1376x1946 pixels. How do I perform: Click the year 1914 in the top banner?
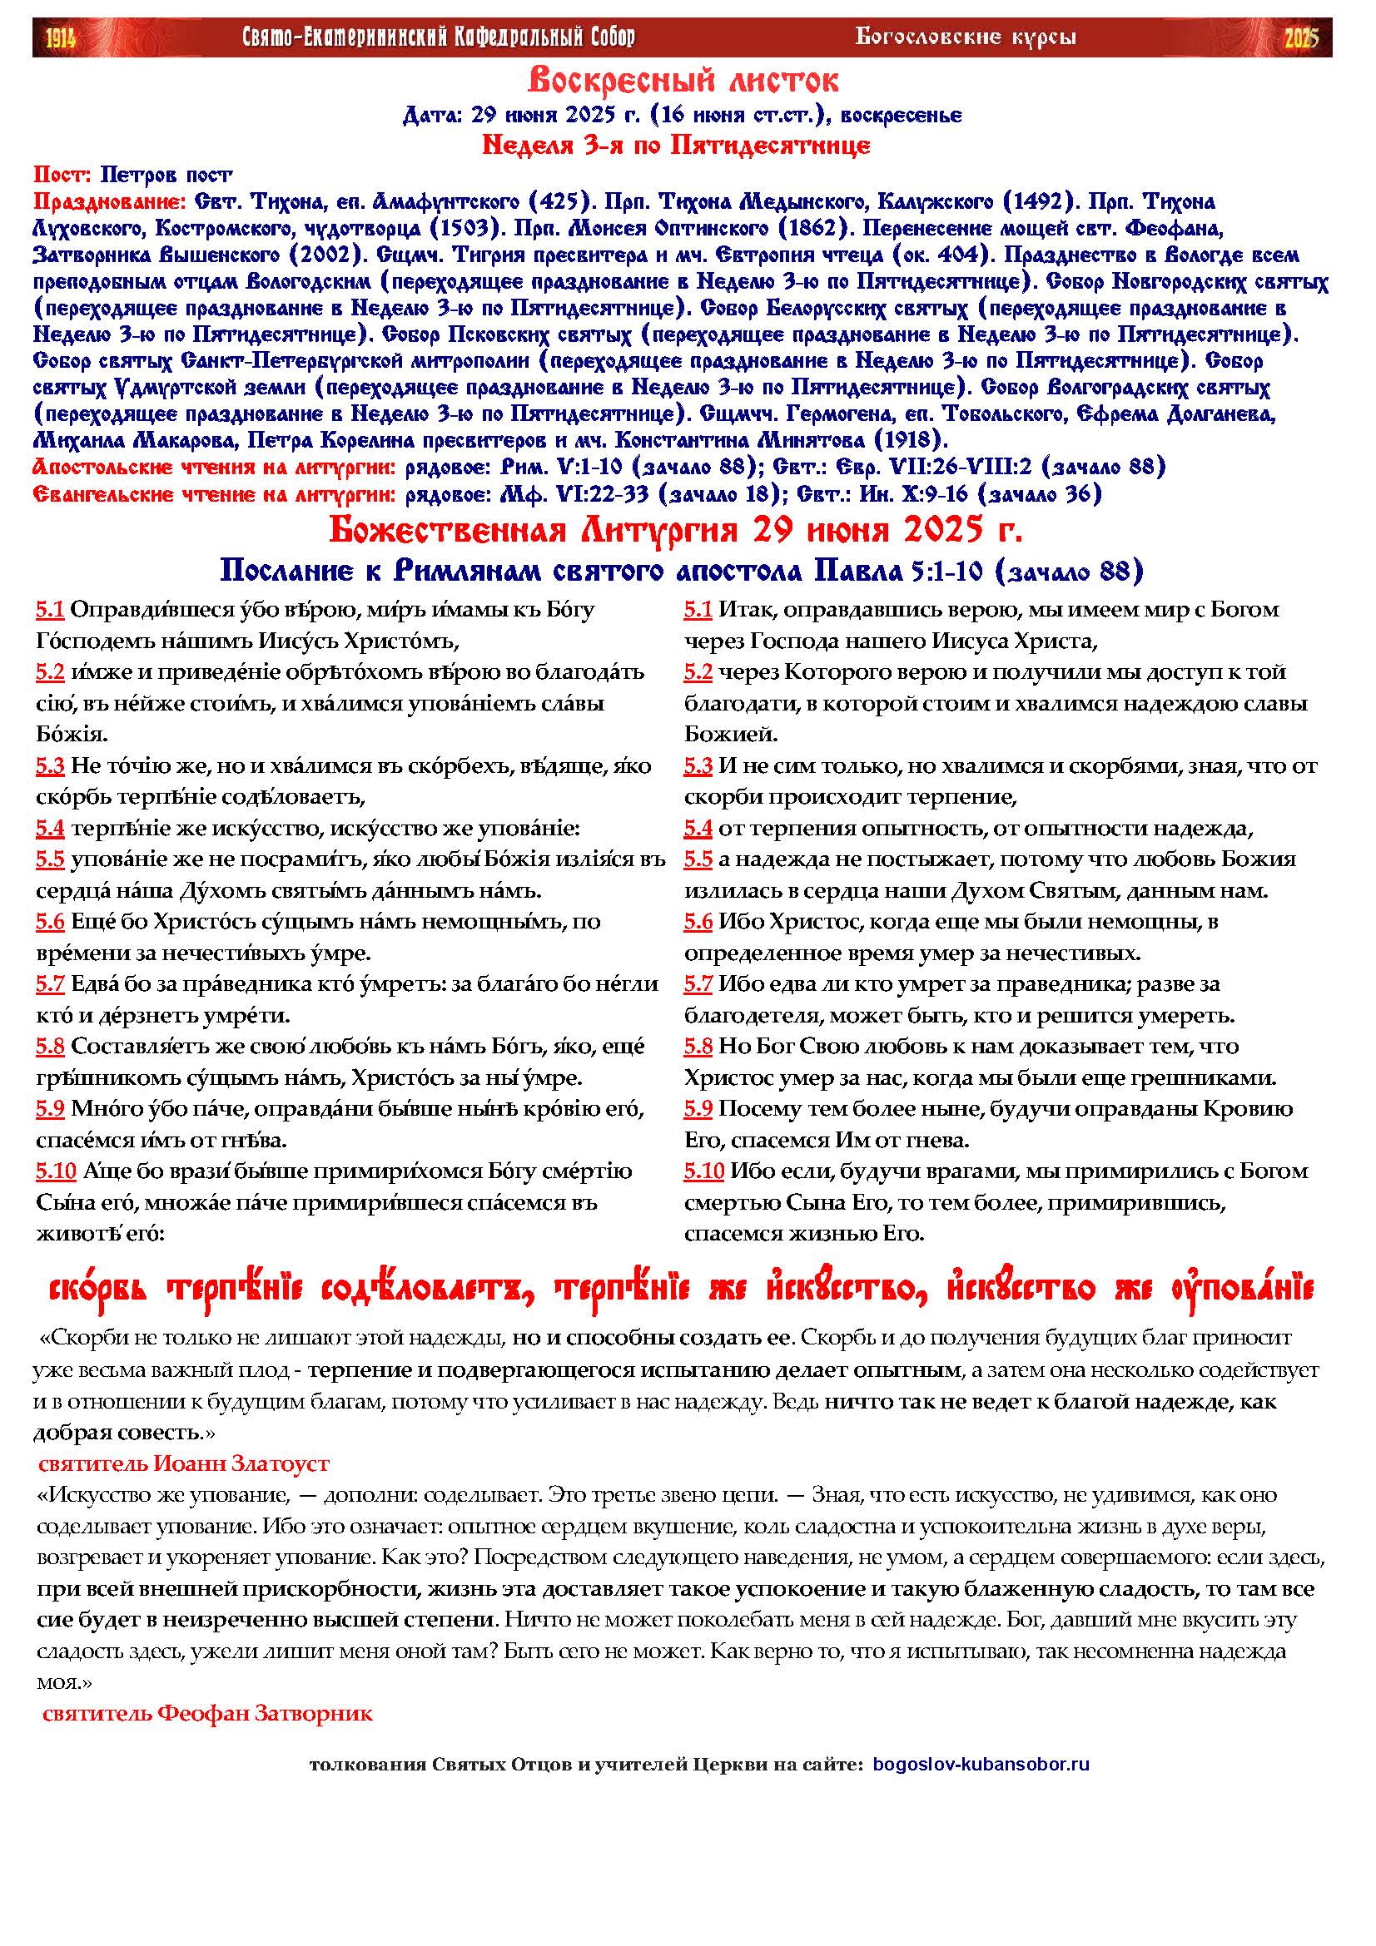pos(60,37)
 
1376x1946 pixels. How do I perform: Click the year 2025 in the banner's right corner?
pos(1301,37)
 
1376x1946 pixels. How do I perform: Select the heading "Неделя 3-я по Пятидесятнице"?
pos(676,146)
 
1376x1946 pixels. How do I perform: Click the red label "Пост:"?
pos(62,175)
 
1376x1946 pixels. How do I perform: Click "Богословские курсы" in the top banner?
pos(966,37)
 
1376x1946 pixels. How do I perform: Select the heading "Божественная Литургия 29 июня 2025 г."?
pos(676,531)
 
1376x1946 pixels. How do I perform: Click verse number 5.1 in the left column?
pos(50,609)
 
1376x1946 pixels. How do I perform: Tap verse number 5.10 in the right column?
pos(703,1171)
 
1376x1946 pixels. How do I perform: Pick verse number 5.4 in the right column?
pos(698,828)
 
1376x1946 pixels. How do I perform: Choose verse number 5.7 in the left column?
pos(50,984)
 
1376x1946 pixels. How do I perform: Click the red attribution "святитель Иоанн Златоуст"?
pos(184,1462)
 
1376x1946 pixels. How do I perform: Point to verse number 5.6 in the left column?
pos(50,921)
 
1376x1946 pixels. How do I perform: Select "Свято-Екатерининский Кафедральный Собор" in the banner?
pos(439,37)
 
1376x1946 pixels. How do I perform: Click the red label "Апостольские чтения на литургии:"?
pos(214,466)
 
